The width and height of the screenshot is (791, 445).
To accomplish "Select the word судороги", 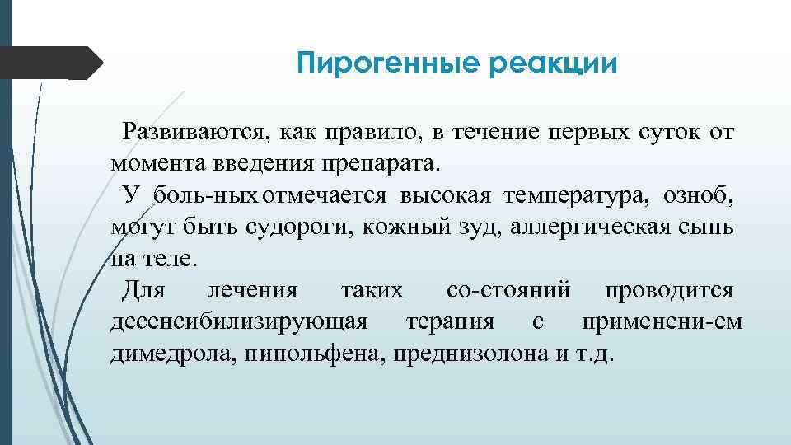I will pyautogui.click(x=298, y=227).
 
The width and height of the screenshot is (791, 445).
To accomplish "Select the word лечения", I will pyautogui.click(x=254, y=290).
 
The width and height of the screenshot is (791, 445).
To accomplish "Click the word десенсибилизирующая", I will pyautogui.click(x=239, y=321).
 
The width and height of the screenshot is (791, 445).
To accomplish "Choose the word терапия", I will pyautogui.click(x=450, y=321).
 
